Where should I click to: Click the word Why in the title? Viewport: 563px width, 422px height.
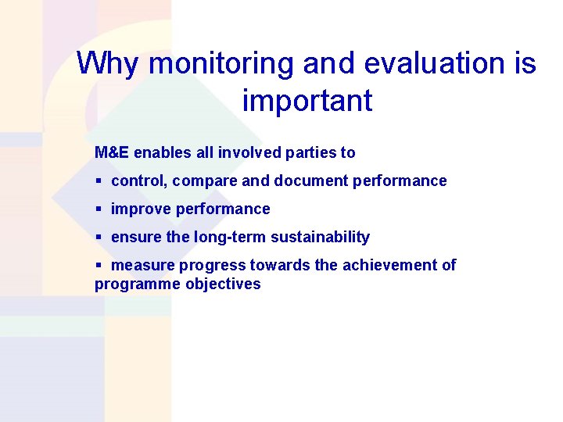coord(108,63)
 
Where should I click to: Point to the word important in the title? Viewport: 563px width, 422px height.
coord(307,101)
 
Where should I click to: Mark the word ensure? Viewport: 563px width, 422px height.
coord(135,238)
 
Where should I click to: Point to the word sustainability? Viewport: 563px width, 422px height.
coord(320,238)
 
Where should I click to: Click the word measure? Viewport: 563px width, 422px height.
coord(143,266)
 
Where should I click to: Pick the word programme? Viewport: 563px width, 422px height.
coord(137,284)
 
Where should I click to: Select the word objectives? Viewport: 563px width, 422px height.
coord(223,284)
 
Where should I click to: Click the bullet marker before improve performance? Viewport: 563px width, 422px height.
coord(99,209)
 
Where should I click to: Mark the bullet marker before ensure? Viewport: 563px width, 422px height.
coord(99,238)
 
